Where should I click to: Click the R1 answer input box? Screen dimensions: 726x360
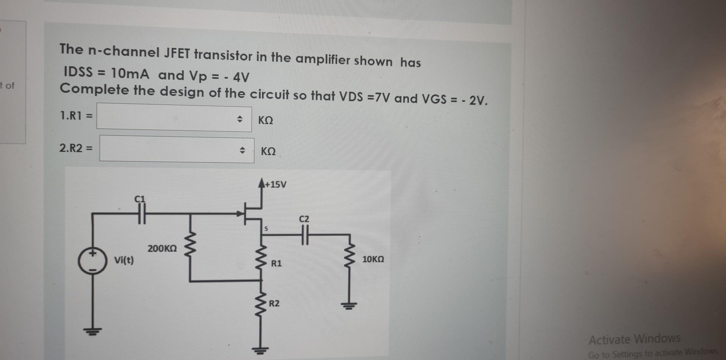tap(166, 118)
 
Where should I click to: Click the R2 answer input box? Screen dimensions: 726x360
tap(170, 149)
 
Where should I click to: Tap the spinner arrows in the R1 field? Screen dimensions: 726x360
tap(239, 119)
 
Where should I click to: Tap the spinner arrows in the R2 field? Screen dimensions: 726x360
tap(242, 151)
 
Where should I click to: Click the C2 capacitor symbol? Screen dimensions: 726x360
tap(305, 235)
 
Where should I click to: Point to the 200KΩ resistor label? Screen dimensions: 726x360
tap(162, 249)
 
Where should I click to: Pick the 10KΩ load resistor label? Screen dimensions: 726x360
tap(373, 259)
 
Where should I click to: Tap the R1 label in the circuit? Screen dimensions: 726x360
tap(276, 264)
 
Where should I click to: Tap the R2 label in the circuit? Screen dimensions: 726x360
tap(274, 304)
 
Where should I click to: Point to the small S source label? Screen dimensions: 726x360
tap(266, 229)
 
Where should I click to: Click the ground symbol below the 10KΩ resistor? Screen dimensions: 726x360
tap(350, 306)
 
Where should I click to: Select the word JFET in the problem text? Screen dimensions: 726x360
tap(177, 53)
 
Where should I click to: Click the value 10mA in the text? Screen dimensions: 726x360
tap(130, 73)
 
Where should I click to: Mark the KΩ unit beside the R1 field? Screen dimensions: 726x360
tap(265, 120)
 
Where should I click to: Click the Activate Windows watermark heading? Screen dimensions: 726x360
tap(634, 339)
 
